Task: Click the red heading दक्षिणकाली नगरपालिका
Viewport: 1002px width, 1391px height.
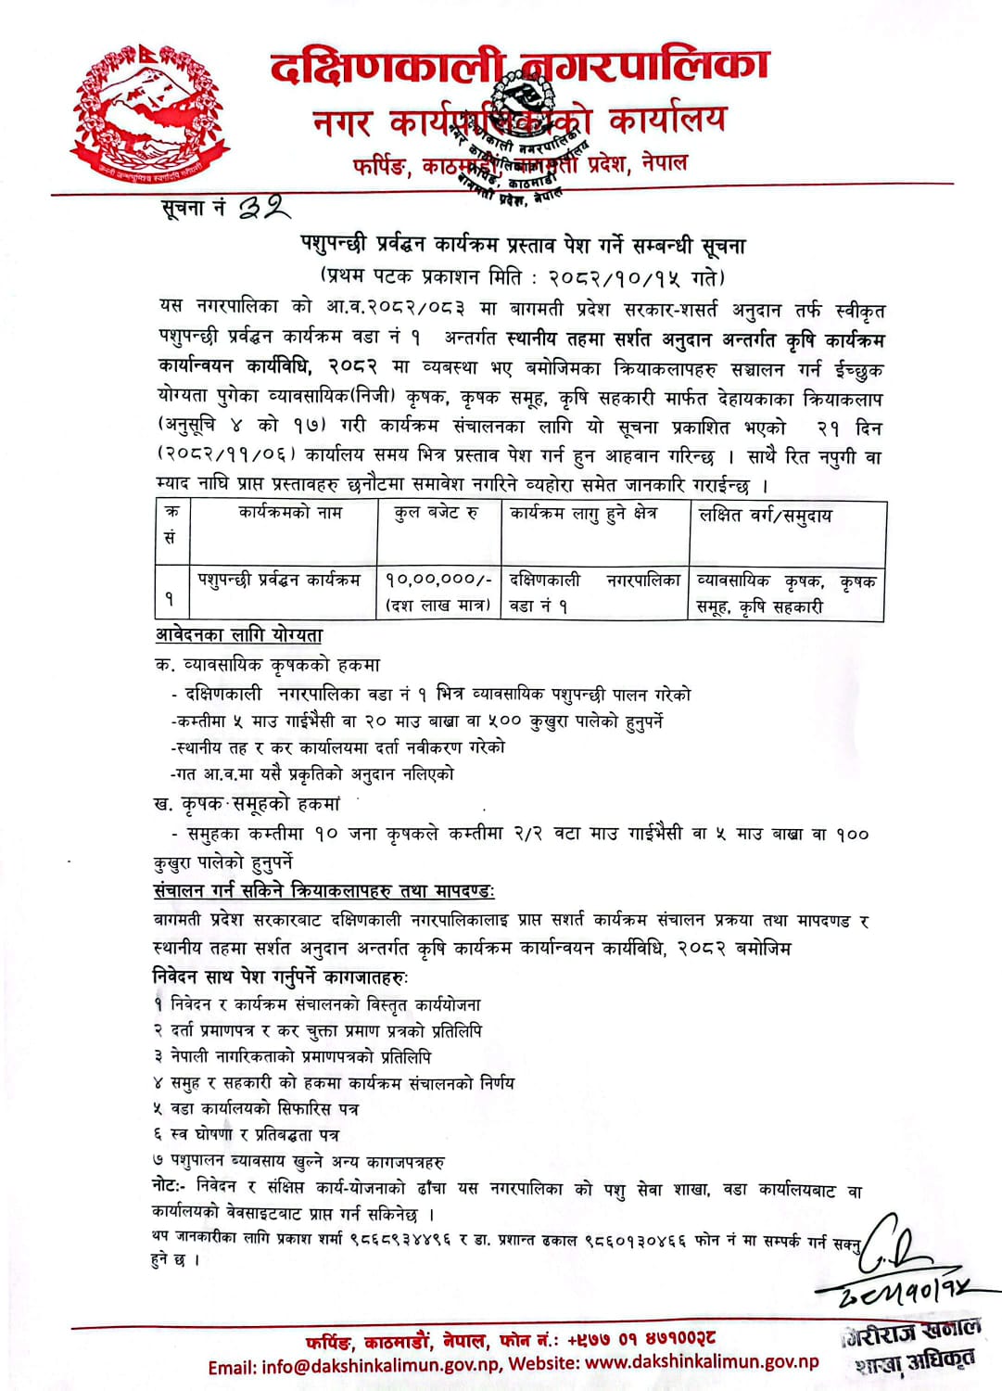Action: tap(519, 67)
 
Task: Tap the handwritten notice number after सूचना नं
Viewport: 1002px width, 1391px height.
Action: tap(265, 208)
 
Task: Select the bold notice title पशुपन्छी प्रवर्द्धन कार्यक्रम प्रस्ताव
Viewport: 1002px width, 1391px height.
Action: tap(523, 246)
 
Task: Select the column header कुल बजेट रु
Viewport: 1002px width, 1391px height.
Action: tap(436, 513)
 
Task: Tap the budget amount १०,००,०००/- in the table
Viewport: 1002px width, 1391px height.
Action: tap(438, 580)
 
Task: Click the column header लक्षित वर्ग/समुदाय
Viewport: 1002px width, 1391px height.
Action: tap(766, 515)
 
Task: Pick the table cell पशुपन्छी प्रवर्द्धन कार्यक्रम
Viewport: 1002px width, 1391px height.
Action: tap(279, 580)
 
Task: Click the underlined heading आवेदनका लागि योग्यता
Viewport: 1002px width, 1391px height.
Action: tap(239, 635)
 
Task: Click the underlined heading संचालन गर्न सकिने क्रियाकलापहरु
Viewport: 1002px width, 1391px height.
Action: tap(323, 891)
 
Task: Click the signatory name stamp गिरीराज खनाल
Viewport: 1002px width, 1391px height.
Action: tap(913, 1331)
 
